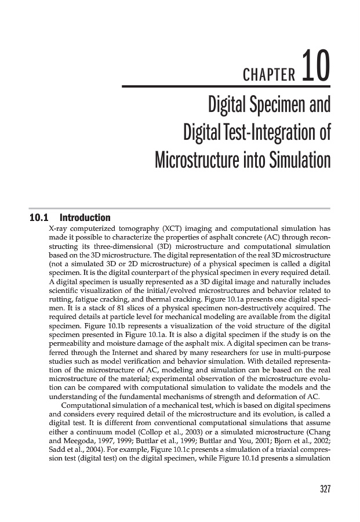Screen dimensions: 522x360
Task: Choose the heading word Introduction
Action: (x=85, y=219)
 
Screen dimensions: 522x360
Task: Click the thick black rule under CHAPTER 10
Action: (x=226, y=87)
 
